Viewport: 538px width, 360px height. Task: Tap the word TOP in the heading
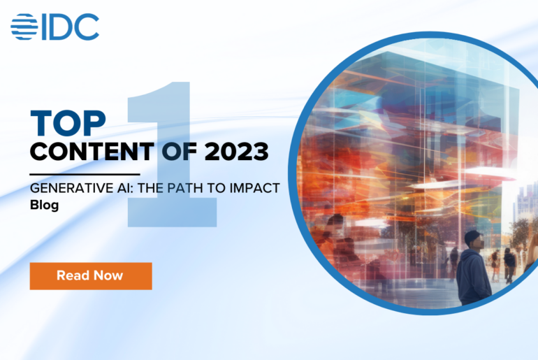coord(68,123)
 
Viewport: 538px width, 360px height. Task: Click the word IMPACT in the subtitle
coord(255,189)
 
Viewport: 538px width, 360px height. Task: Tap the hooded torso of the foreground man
coord(474,276)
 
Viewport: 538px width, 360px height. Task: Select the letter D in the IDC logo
coord(68,27)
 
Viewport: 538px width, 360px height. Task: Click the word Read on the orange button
coord(73,275)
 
